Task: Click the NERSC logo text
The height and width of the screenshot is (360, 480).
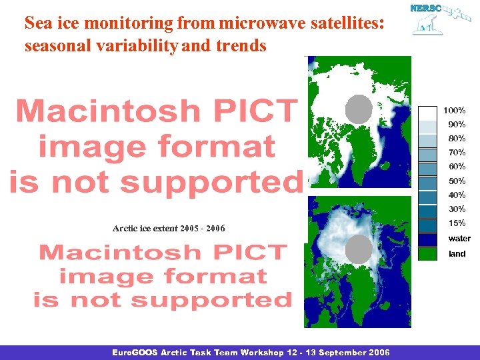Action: pyautogui.click(x=424, y=9)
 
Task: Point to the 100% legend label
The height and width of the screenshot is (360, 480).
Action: pyautogui.click(x=455, y=110)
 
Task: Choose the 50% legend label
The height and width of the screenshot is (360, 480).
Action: pyautogui.click(x=457, y=181)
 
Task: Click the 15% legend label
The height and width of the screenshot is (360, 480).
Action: pyautogui.click(x=457, y=223)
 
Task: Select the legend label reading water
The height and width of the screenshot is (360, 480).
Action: pyautogui.click(x=459, y=238)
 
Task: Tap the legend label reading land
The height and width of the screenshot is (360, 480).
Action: pyautogui.click(x=457, y=253)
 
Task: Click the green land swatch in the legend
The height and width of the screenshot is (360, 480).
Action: pyautogui.click(x=431, y=253)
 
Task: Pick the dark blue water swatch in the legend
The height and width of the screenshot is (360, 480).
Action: pyautogui.click(x=431, y=238)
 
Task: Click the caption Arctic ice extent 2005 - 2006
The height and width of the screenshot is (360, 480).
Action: pyautogui.click(x=169, y=229)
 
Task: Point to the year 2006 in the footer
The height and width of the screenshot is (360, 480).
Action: pyautogui.click(x=380, y=352)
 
